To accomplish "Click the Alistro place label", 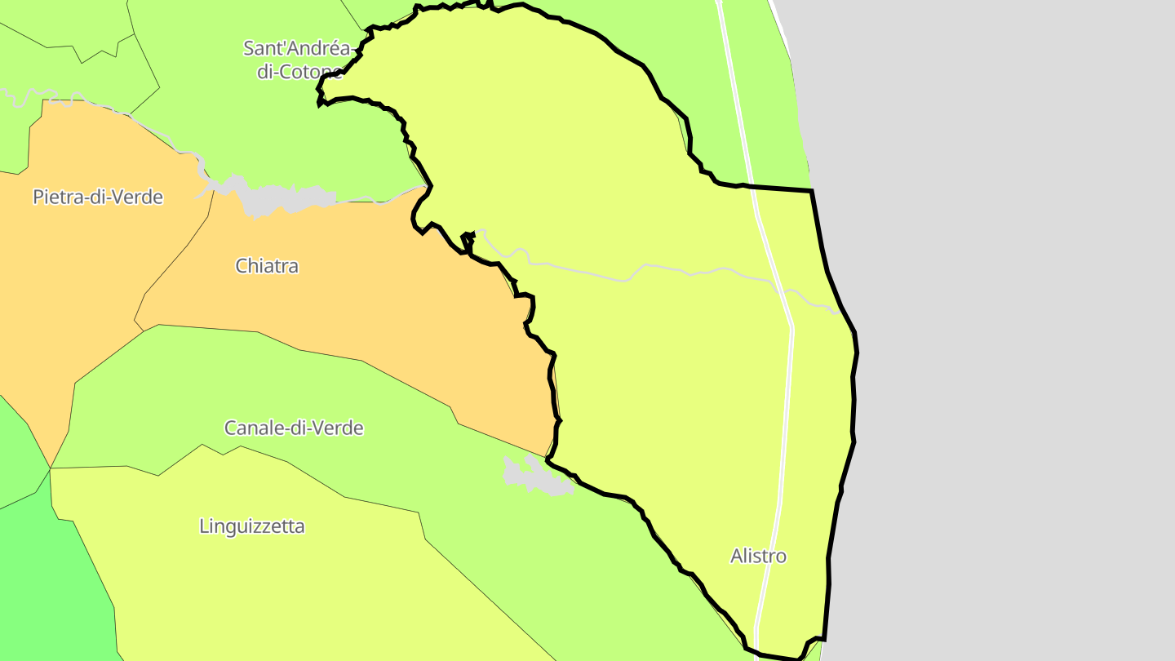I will [x=758, y=557].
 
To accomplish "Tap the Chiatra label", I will [x=267, y=266].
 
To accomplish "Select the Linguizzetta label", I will [x=252, y=526].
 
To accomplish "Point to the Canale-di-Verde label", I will [x=294, y=428].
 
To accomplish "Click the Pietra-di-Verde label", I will [x=98, y=197].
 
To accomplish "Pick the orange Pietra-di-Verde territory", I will [x=82, y=269].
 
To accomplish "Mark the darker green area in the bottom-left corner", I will [x=49, y=588].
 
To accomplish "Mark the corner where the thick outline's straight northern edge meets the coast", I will [x=812, y=191].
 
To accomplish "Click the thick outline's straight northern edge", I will [x=779, y=189].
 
